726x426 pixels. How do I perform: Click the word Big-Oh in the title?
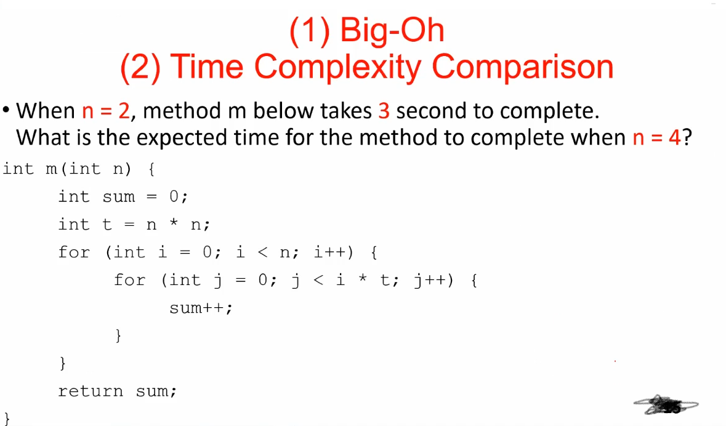[392, 30]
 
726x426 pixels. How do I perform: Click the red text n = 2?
[105, 111]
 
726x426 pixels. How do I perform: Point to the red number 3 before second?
[384, 111]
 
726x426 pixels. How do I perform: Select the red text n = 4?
[656, 137]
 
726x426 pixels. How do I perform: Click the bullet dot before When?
[6, 111]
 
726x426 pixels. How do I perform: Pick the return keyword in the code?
[90, 391]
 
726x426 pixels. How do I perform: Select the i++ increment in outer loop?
[332, 252]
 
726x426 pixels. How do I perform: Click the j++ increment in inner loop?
[434, 280]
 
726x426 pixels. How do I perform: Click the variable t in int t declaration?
[107, 225]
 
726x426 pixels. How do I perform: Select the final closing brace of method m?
[7, 419]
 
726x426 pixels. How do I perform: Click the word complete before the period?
[548, 111]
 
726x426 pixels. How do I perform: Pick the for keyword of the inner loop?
[129, 280]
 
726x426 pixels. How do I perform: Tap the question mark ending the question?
[687, 137]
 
